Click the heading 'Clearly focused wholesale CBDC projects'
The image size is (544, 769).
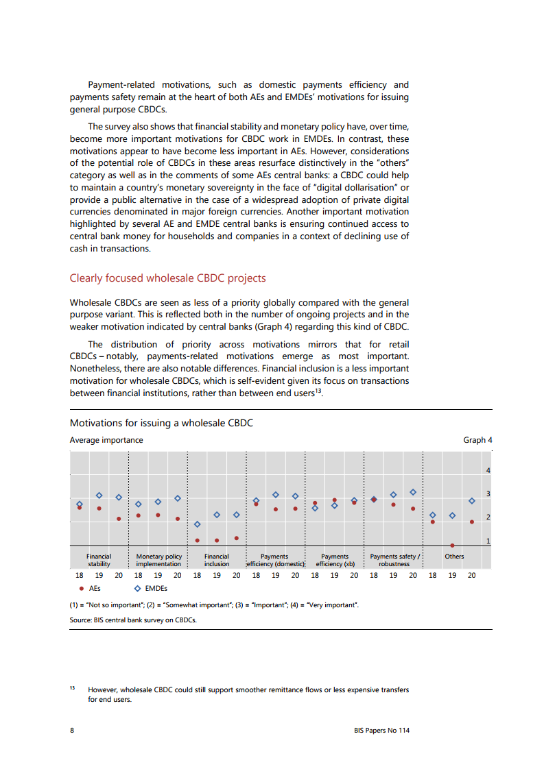click(167, 278)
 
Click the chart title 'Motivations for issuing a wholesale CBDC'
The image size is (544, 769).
click(161, 423)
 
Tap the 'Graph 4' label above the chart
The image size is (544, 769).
click(477, 440)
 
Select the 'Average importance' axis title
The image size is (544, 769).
click(106, 440)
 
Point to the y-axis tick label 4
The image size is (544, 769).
click(488, 471)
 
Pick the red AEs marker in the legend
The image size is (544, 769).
click(82, 588)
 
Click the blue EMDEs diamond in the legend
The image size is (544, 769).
click(138, 588)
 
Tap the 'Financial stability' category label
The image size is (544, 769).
click(99, 560)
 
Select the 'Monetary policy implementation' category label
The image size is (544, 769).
click(158, 560)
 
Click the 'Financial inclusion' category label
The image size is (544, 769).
click(217, 560)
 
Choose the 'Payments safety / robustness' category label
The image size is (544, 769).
click(394, 560)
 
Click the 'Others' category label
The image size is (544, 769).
click(454, 557)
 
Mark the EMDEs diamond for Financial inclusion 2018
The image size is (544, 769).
click(198, 524)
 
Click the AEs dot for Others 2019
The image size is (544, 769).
click(452, 546)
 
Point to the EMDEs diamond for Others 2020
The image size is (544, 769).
click(472, 501)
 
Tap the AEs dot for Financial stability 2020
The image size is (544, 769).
click(119, 519)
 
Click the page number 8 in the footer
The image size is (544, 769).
click(72, 731)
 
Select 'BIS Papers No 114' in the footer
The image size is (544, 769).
click(377, 731)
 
